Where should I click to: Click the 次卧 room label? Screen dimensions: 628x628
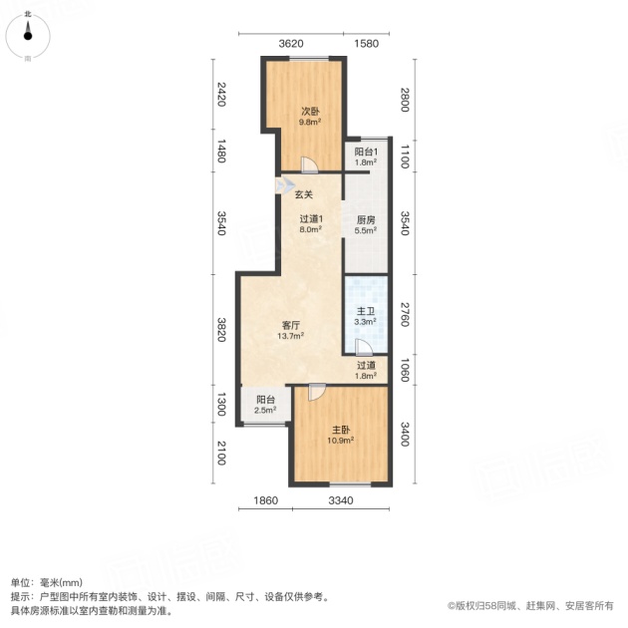pyautogui.click(x=310, y=112)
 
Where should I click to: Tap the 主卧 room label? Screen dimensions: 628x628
pyautogui.click(x=341, y=431)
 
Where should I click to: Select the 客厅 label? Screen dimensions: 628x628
pyautogui.click(x=291, y=326)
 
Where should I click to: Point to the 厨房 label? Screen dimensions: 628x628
pyautogui.click(x=366, y=220)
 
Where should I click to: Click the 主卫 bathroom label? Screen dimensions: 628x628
pyautogui.click(x=365, y=311)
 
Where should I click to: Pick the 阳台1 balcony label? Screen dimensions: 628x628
pyautogui.click(x=366, y=152)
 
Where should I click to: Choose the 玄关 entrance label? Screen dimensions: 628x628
pyautogui.click(x=304, y=194)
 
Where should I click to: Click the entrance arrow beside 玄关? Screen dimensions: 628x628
pyautogui.click(x=285, y=185)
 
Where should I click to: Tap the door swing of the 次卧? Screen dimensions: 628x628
pyautogui.click(x=309, y=164)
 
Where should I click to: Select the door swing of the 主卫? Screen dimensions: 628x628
pyautogui.click(x=364, y=347)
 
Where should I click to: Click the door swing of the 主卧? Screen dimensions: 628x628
pyautogui.click(x=317, y=392)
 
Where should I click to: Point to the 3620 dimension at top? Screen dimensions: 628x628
pyautogui.click(x=291, y=43)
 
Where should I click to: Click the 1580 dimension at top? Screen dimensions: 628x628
pyautogui.click(x=367, y=43)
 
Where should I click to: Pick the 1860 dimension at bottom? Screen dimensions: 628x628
pyautogui.click(x=265, y=500)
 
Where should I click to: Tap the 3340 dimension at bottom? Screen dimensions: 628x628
pyautogui.click(x=341, y=500)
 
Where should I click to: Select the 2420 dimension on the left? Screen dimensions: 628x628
pyautogui.click(x=221, y=94)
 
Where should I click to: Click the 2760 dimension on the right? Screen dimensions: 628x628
pyautogui.click(x=405, y=314)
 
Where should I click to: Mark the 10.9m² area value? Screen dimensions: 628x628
pyautogui.click(x=341, y=441)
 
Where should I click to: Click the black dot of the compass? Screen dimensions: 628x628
pyautogui.click(x=28, y=36)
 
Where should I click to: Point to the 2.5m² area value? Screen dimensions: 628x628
pyautogui.click(x=265, y=410)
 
